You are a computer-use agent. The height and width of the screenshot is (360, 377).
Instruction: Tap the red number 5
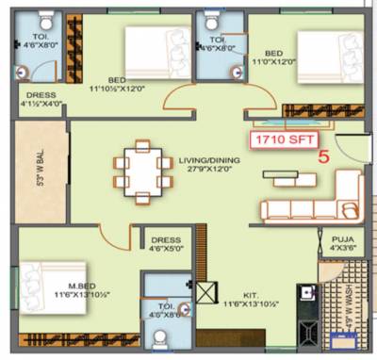(323, 158)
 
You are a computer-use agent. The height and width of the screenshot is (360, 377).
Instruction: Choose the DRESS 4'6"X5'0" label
(165, 245)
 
